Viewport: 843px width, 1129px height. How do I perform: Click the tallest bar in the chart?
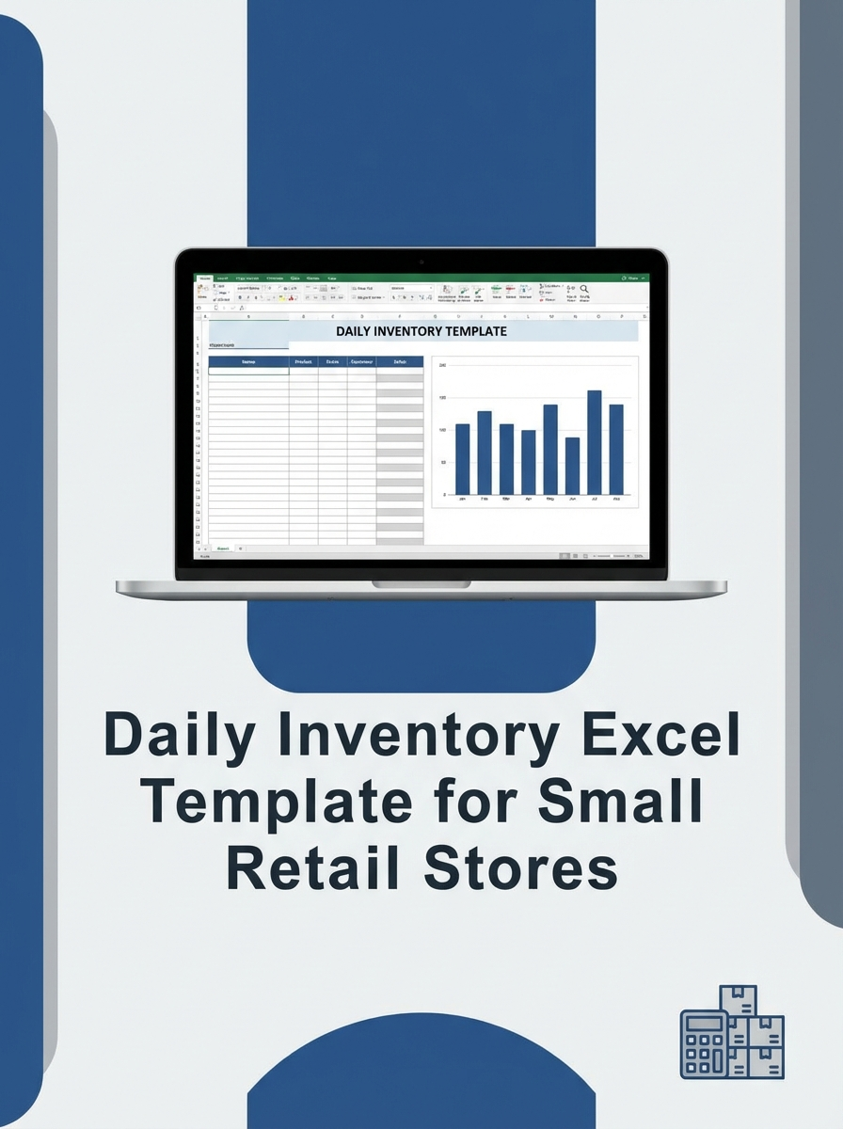point(594,442)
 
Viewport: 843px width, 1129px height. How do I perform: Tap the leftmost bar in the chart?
point(462,459)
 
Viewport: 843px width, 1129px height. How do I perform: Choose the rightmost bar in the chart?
point(616,450)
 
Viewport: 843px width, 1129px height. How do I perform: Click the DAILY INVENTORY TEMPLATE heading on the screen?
point(421,331)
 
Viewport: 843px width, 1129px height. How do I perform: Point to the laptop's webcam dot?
point(421,260)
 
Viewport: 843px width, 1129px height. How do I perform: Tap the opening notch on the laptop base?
point(421,584)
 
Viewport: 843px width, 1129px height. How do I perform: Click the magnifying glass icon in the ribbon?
point(584,289)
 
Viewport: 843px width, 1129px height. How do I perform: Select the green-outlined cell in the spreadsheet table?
point(248,371)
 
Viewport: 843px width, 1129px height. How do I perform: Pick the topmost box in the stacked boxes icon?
point(738,1001)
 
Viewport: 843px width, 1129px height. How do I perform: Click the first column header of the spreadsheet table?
point(248,361)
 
